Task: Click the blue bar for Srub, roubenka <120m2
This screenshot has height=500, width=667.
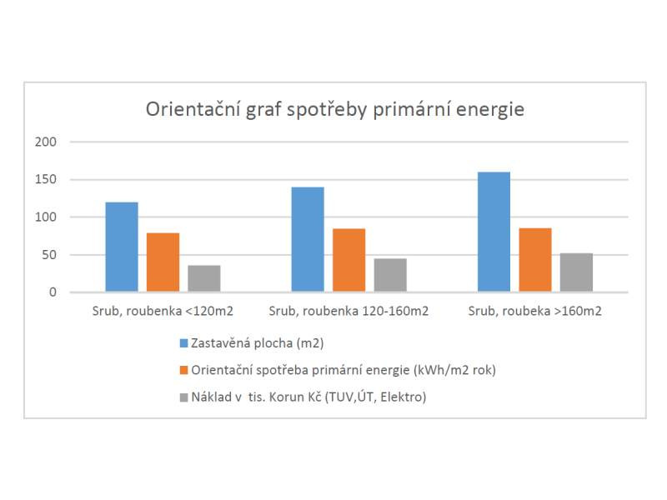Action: coord(122,247)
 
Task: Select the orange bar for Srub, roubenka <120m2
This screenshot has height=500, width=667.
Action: coord(163,262)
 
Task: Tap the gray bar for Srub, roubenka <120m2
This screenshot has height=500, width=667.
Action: coord(204,278)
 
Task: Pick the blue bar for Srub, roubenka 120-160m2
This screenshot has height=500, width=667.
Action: coord(308,239)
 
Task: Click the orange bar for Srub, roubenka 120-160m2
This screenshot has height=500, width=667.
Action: coord(349,260)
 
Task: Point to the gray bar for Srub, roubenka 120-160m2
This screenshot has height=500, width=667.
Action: coord(390,275)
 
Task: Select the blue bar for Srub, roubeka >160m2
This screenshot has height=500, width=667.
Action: coord(494,232)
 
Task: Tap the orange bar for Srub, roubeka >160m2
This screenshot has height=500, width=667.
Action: coord(534,260)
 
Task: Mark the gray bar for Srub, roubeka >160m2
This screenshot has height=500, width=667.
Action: coord(576,272)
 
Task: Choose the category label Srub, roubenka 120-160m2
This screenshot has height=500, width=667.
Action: coord(349,311)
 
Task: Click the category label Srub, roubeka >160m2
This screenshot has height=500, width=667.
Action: coord(534,311)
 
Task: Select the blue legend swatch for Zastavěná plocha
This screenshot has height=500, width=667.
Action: coord(184,342)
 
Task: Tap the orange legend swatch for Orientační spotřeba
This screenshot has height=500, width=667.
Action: coord(184,370)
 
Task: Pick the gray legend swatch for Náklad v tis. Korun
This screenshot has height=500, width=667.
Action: coord(184,397)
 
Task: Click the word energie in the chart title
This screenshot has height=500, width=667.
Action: coord(492,110)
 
